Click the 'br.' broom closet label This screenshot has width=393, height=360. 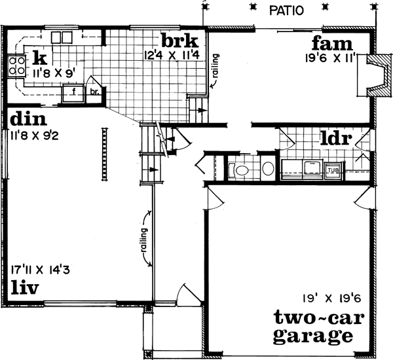tap(94, 92)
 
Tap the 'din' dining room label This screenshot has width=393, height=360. tap(26, 120)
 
